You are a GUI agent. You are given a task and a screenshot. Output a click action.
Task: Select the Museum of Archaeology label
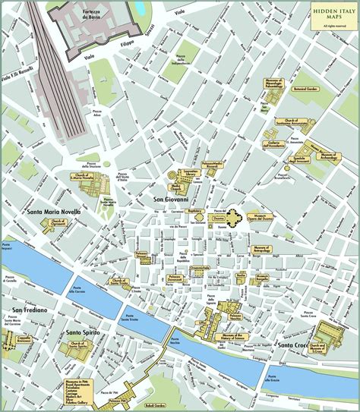point(328,156)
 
